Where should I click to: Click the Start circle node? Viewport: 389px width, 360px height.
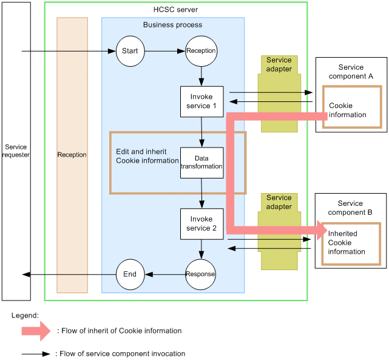[130, 51]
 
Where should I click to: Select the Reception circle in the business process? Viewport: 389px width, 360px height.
[201, 51]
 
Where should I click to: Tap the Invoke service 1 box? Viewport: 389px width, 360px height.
[202, 101]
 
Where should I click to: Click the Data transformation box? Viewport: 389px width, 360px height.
[202, 162]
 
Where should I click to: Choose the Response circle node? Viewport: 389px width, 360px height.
[200, 274]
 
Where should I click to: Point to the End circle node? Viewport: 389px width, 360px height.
[130, 274]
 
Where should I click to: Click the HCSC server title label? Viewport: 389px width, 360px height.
[175, 10]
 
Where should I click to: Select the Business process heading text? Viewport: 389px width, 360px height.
[172, 25]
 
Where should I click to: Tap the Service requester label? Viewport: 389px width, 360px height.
[16, 151]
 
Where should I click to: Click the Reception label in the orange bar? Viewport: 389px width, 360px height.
[72, 155]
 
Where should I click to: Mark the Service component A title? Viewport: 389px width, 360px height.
[351, 72]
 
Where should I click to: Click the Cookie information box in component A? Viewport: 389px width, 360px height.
[351, 107]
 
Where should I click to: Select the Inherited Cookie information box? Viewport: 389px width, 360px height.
[350, 243]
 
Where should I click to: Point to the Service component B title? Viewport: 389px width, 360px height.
[351, 208]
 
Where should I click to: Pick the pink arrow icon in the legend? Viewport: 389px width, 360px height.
[36, 331]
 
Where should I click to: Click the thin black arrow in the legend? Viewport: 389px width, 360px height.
[36, 353]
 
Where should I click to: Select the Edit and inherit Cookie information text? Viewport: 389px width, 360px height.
[144, 155]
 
